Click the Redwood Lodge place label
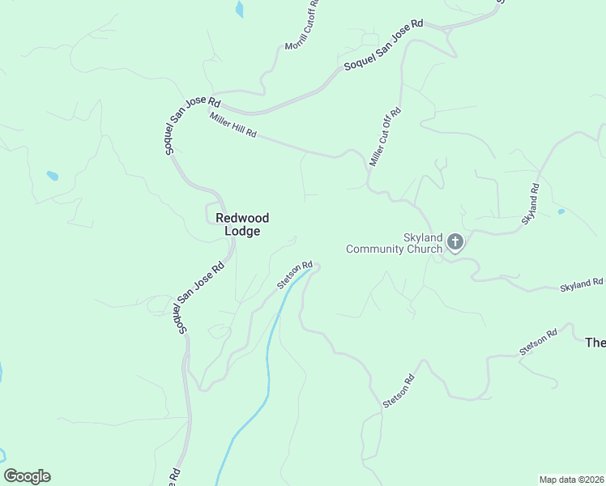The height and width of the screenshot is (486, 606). click(x=242, y=224)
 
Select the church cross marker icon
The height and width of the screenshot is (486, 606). click(x=455, y=241)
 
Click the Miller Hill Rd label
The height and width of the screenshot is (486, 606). click(x=233, y=125)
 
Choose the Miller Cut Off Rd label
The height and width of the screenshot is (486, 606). click(x=385, y=136)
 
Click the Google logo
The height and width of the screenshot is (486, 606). click(x=27, y=476)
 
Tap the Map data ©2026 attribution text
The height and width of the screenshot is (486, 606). click(x=572, y=479)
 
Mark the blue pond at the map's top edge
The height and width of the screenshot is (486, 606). click(x=239, y=9)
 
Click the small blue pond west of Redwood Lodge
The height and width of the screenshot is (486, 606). click(x=53, y=176)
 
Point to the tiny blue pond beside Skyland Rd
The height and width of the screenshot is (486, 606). click(x=561, y=212)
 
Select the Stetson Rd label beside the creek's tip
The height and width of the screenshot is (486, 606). click(x=294, y=275)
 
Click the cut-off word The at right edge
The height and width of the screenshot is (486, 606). click(x=595, y=343)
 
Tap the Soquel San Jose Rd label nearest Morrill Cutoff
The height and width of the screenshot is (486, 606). click(x=383, y=45)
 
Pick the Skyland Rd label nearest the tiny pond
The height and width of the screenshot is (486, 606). click(x=530, y=203)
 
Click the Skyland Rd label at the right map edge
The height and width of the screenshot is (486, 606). click(x=582, y=285)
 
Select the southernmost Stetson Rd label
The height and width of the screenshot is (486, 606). click(x=399, y=390)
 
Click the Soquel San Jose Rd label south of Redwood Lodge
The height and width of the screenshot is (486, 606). click(x=195, y=297)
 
